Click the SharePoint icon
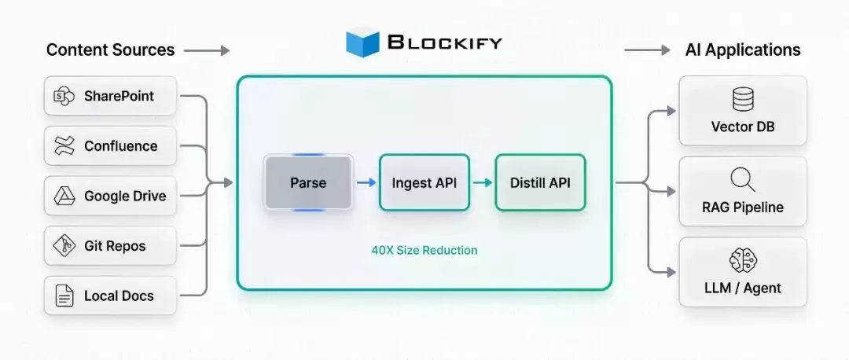pos(64,97)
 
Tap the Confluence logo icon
pos(64,146)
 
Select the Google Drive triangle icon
pos(64,196)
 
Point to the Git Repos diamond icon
pos(64,246)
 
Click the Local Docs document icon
pos(64,296)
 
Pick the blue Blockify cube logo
pos(362,42)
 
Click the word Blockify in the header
pos(445,42)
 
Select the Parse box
pos(308,182)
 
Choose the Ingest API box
pos(424,182)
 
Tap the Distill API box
pos(540,182)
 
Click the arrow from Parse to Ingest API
pos(366,183)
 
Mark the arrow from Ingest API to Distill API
pos(483,183)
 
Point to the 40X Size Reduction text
pos(424,251)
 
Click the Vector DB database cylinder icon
pos(743,100)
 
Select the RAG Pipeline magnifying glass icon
pos(743,180)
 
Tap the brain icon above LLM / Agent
pos(743,260)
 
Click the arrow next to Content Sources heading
pos(207,51)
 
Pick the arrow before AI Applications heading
pos(647,50)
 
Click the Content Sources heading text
pos(111,50)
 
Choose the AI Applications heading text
pos(743,50)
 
